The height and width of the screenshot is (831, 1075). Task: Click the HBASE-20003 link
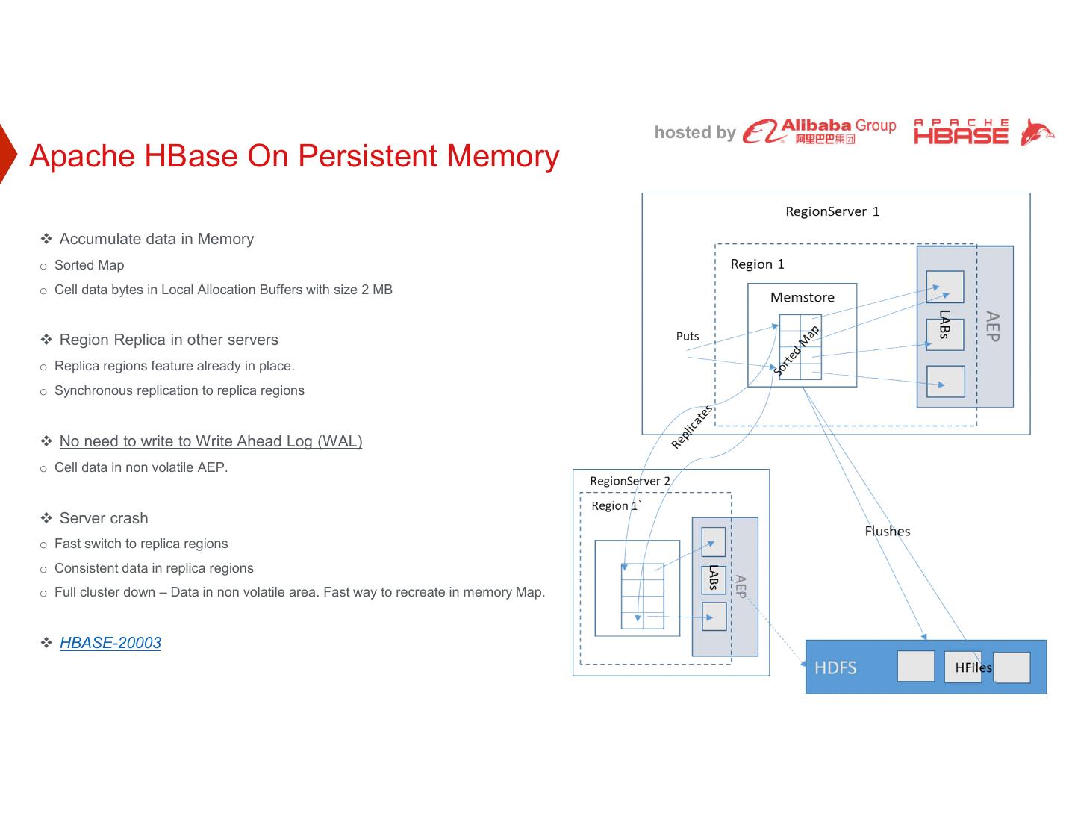pos(110,643)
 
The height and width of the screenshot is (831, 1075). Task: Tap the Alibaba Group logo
pos(819,131)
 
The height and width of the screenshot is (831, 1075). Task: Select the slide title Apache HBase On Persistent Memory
pos(294,156)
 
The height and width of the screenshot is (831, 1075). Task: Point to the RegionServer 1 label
pos(832,211)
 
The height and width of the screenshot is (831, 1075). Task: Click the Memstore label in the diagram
pos(802,297)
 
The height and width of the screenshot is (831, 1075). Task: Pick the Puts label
pos(688,336)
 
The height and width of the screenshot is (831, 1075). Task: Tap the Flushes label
pos(887,531)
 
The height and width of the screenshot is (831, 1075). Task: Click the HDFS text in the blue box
pos(835,667)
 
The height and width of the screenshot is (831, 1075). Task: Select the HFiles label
pos(973,667)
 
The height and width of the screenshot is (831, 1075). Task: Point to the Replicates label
pos(692,426)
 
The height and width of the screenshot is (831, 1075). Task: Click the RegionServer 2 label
pos(629,481)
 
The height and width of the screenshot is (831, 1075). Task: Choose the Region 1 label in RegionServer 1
pos(757,264)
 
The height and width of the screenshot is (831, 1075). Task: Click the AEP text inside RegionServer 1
pos(992,326)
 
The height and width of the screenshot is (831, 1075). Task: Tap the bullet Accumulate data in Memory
pos(156,239)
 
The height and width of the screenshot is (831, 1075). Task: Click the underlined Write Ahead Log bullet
pos(211,441)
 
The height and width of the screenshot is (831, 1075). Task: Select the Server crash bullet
pos(104,518)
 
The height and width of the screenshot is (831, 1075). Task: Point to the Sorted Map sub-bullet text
pos(89,265)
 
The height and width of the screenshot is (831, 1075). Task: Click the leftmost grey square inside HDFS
pos(915,666)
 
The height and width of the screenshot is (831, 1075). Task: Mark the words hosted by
pos(695,133)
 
